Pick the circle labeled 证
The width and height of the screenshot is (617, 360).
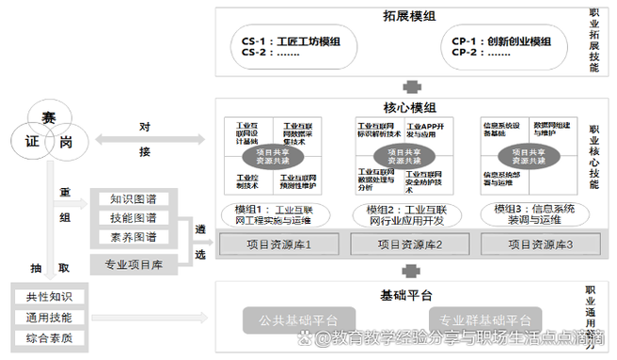click(x=30, y=144)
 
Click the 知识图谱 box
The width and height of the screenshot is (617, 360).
click(x=134, y=199)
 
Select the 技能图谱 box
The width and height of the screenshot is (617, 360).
click(x=134, y=218)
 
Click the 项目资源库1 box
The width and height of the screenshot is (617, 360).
click(x=278, y=244)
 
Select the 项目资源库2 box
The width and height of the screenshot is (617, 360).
click(x=409, y=244)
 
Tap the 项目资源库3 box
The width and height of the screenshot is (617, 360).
click(x=540, y=244)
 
